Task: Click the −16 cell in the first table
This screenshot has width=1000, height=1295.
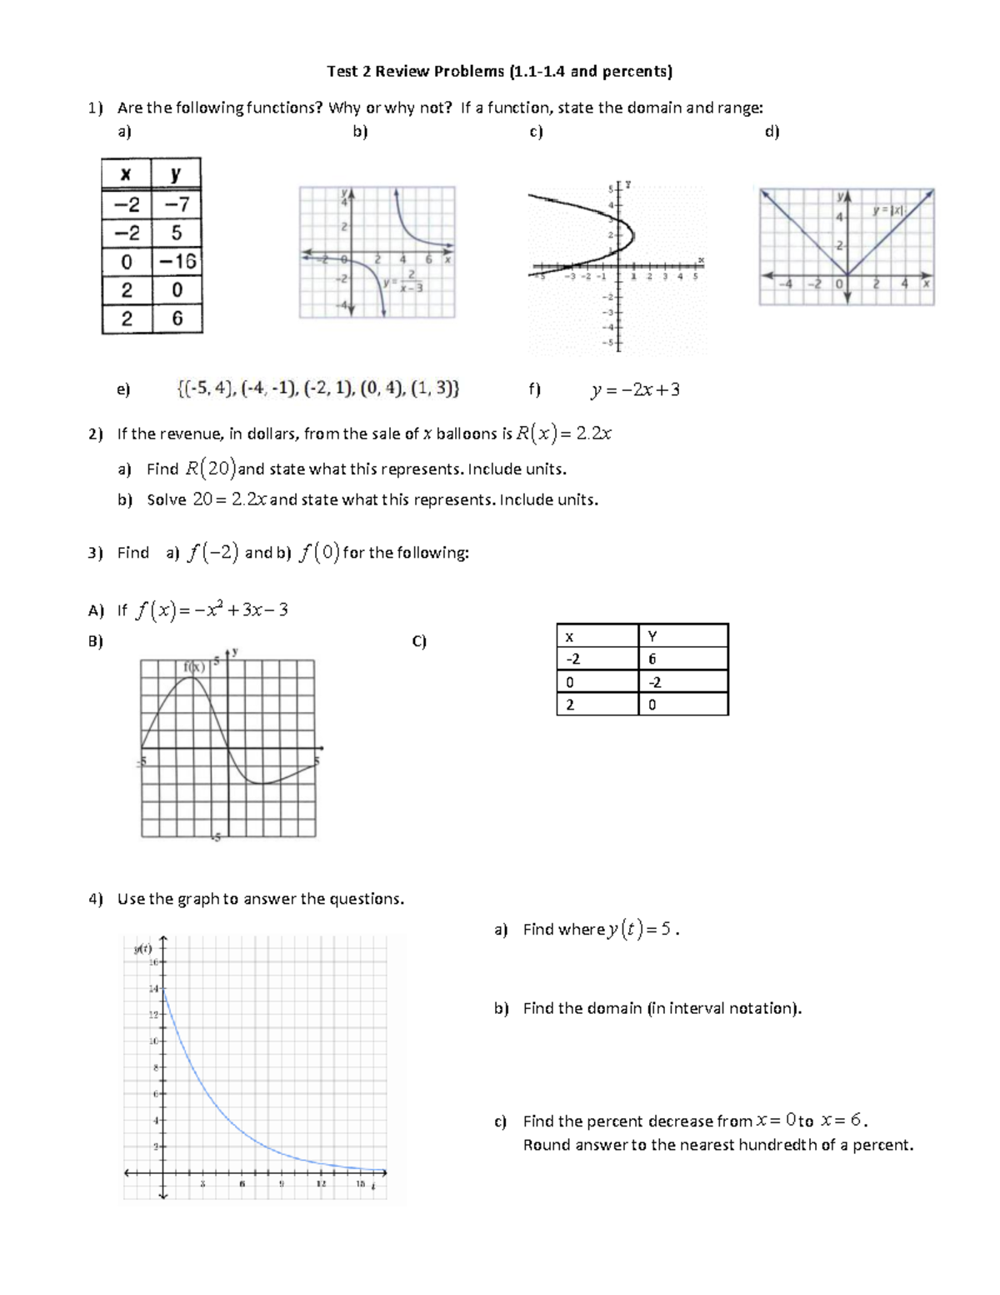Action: (x=177, y=261)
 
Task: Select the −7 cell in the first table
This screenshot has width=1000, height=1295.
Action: (x=177, y=204)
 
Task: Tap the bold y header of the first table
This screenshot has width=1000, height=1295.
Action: (x=176, y=174)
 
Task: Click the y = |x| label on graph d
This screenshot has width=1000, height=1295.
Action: (x=888, y=211)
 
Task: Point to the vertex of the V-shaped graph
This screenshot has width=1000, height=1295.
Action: (x=847, y=276)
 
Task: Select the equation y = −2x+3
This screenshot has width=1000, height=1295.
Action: (x=635, y=389)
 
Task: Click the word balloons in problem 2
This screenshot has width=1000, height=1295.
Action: (x=467, y=434)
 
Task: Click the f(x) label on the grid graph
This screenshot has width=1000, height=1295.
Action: (x=194, y=667)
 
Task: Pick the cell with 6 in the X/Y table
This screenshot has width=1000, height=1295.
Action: (x=652, y=659)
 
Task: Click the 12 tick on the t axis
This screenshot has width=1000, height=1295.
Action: (x=320, y=1184)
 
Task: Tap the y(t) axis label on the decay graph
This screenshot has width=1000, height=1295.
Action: (x=142, y=948)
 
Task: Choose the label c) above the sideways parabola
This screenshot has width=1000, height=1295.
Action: (x=536, y=132)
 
